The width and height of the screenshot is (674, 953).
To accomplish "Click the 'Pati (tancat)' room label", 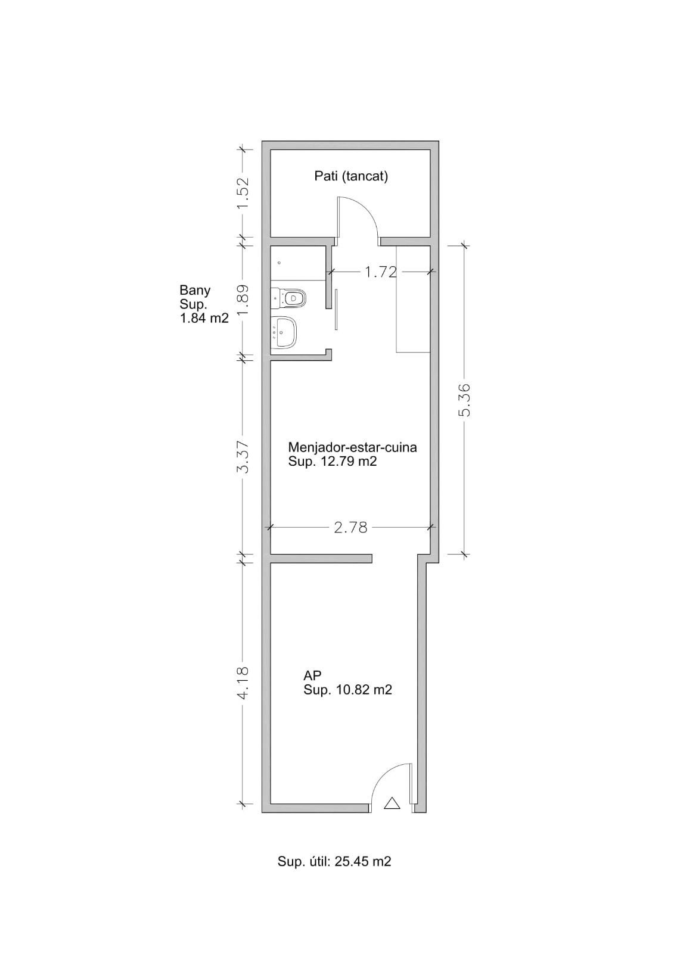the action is (x=351, y=176).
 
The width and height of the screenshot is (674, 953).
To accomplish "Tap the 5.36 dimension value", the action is (x=465, y=400).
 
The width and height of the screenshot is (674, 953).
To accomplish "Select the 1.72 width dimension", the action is (x=381, y=272).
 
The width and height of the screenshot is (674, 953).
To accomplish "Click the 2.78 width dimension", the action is (x=350, y=528).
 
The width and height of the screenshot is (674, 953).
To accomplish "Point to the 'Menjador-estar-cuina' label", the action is (x=352, y=447).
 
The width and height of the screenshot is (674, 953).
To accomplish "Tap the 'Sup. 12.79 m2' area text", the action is (x=333, y=461).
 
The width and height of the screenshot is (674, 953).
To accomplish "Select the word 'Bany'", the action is (x=195, y=291).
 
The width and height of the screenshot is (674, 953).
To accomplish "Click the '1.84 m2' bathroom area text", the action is (x=204, y=318).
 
